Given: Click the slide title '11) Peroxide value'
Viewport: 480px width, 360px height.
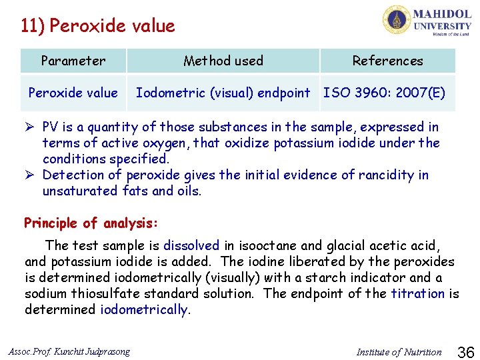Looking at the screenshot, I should tap(98, 26).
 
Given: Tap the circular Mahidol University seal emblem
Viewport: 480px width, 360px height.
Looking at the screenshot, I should tap(396, 20).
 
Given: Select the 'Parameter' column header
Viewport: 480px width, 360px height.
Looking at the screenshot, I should tap(73, 61).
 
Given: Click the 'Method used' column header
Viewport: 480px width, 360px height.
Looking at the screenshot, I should tap(223, 61).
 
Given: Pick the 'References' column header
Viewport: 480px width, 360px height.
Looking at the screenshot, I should tap(387, 61).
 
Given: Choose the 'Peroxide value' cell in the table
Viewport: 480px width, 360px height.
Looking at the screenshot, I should tap(73, 93).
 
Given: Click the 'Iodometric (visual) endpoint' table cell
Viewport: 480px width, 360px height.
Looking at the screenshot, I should tap(223, 93).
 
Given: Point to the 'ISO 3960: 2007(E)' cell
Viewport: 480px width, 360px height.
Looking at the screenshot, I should tap(385, 93).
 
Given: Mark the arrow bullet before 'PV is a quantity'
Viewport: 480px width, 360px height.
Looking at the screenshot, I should tap(30, 127).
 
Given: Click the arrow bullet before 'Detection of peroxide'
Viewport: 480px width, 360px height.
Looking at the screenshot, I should tap(30, 175).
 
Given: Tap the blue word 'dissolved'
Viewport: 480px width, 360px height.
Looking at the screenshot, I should tap(191, 246).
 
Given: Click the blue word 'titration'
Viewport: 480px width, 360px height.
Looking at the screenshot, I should tap(417, 294).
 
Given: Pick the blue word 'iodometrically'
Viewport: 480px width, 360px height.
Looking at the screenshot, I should tap(144, 310).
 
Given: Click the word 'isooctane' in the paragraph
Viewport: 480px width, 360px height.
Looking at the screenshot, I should tap(262, 246).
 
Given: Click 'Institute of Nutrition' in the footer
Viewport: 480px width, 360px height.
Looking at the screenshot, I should tap(399, 352).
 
